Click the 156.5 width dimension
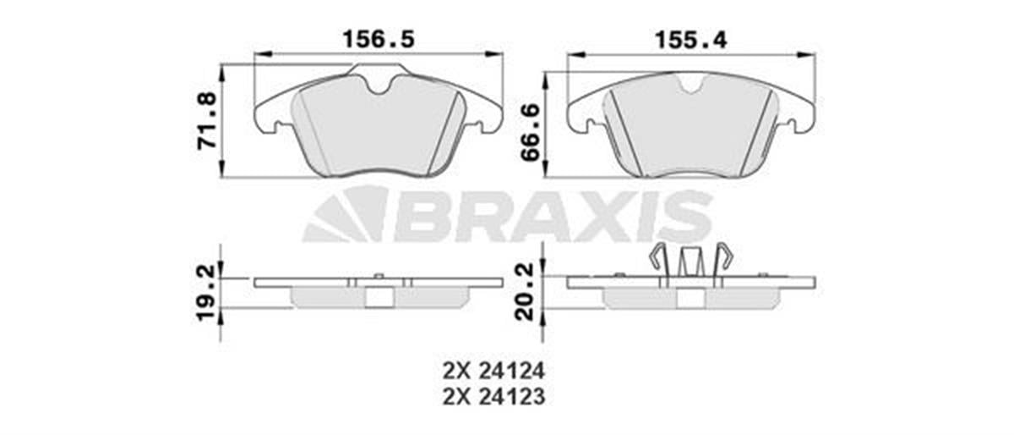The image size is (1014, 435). tap(378, 39)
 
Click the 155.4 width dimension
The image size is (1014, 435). tap(692, 39)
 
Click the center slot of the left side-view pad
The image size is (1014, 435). tap(378, 297)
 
